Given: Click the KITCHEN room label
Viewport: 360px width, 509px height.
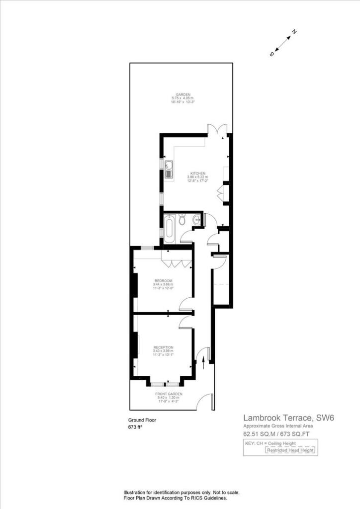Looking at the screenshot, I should [197, 173].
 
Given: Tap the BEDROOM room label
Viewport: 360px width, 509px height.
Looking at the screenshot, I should [163, 280].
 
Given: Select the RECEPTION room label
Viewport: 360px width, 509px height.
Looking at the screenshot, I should [163, 347].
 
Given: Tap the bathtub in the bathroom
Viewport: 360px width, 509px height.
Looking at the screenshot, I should [169, 229].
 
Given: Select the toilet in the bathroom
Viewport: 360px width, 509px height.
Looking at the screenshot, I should [183, 219].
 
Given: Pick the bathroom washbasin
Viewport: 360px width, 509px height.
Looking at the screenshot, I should [198, 220].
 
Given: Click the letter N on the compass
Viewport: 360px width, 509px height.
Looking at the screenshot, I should [294, 32].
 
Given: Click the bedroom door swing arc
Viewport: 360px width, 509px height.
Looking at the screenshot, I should [186, 304].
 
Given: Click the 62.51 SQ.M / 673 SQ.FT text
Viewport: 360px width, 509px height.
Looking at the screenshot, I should [279, 434].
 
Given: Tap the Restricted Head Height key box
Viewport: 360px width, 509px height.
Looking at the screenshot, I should [290, 450].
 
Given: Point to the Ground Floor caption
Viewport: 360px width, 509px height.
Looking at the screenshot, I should [143, 420].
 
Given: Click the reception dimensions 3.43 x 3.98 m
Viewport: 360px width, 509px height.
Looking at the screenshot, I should [163, 351].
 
